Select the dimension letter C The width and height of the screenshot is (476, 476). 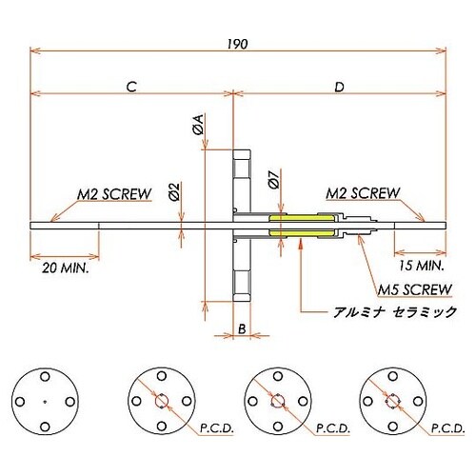point(131,86)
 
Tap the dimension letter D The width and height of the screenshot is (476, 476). point(340,86)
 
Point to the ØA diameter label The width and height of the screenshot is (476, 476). point(197,124)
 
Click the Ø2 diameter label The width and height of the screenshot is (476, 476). point(174,192)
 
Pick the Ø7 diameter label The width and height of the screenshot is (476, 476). point(273,178)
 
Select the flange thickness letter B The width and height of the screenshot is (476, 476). point(242,328)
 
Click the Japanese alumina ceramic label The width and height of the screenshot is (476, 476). point(392,311)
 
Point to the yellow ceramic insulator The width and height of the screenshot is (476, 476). point(303,227)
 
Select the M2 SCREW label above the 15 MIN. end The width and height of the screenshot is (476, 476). point(362,193)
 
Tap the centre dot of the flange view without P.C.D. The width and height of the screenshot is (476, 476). point(46,401)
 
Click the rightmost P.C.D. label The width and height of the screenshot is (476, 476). point(446,430)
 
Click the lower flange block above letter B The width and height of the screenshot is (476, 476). point(242,281)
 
